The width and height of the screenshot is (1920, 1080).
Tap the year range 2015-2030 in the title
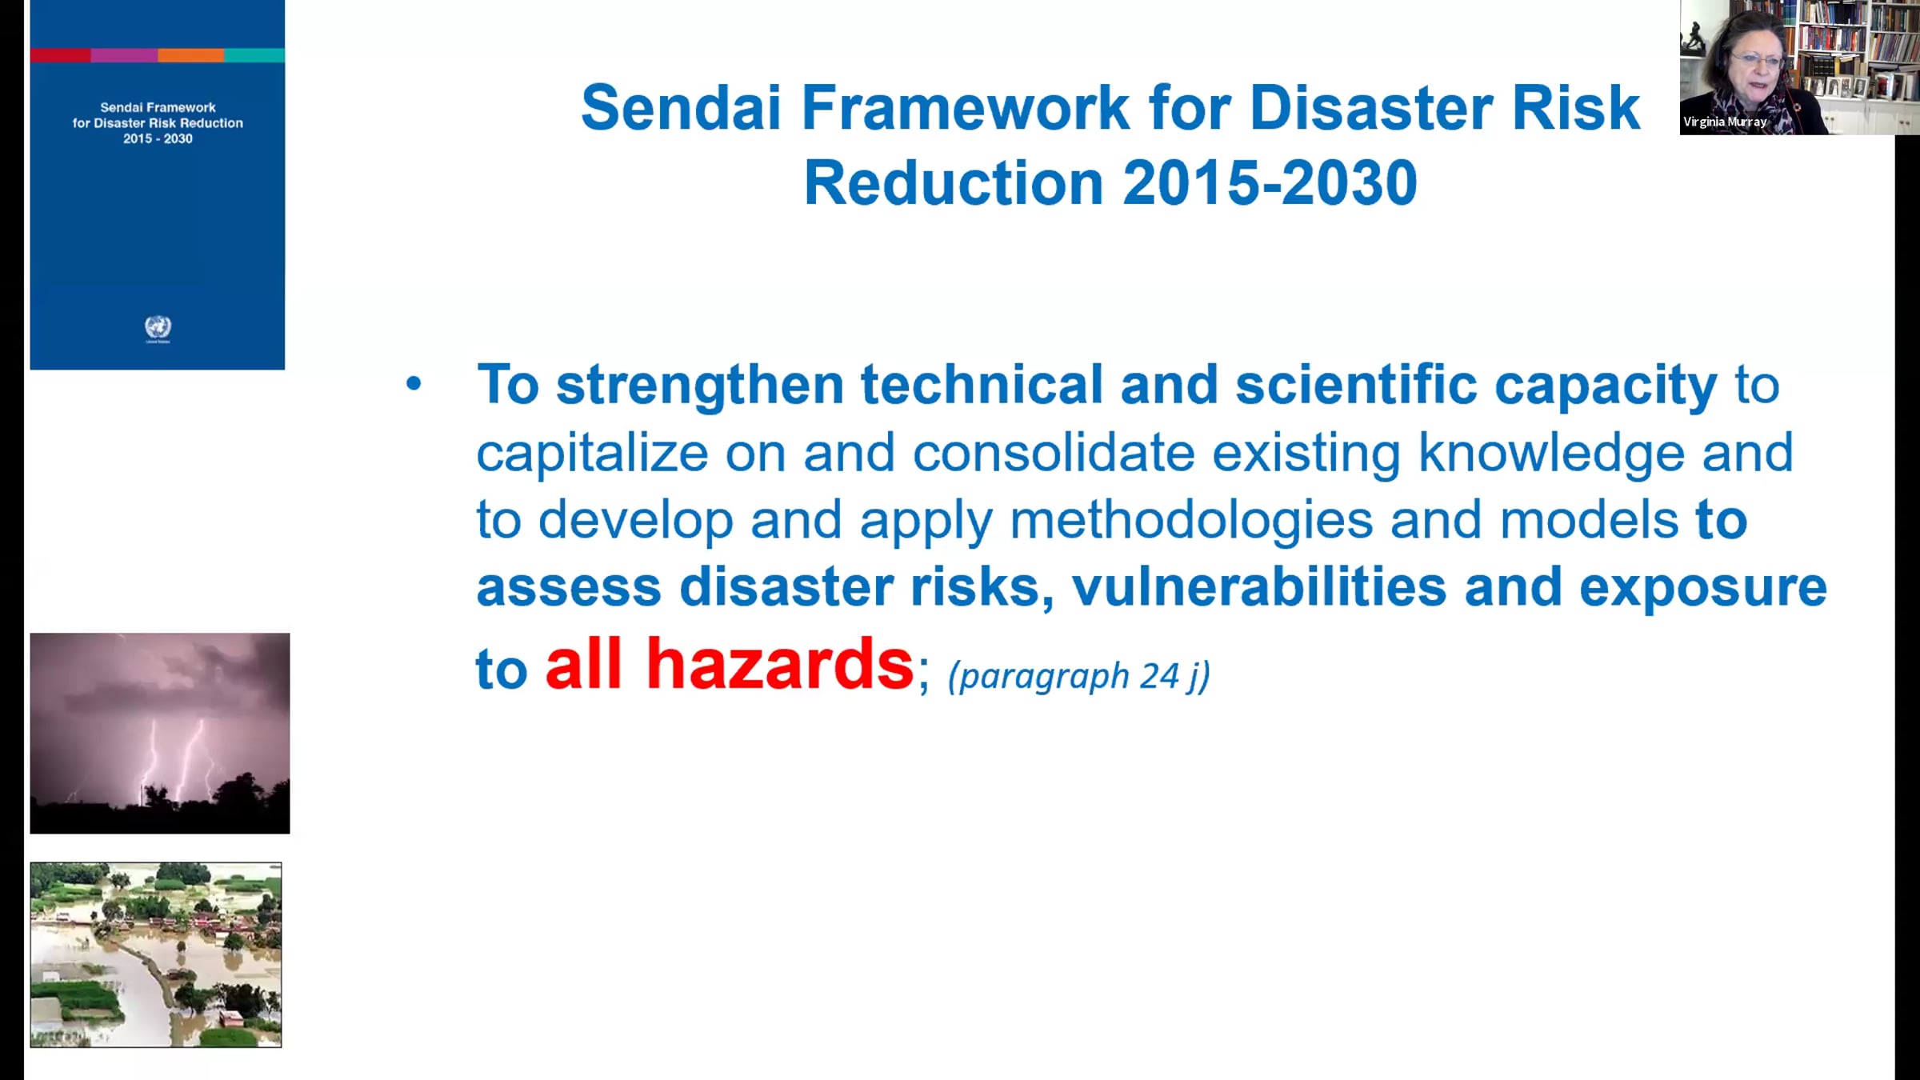pyautogui.click(x=1270, y=182)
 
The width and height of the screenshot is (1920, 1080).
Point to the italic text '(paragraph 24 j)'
pyautogui.click(x=1079, y=677)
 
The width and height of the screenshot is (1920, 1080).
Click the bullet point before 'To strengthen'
pyautogui.click(x=413, y=384)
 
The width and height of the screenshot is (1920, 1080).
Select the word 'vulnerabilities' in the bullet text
pyautogui.click(x=1259, y=586)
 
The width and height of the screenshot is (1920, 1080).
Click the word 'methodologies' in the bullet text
pyautogui.click(x=1191, y=521)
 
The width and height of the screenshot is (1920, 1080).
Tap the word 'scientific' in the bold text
pyautogui.click(x=1356, y=385)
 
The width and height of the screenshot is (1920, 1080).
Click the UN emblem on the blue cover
pyautogui.click(x=158, y=327)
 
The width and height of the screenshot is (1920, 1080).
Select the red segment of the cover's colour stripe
pyautogui.click(x=61, y=55)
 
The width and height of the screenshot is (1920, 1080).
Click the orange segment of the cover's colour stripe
pyautogui.click(x=191, y=55)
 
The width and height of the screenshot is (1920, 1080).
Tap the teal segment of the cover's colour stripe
pyautogui.click(x=254, y=55)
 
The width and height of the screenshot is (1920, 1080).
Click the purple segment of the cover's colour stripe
pyautogui.click(x=124, y=55)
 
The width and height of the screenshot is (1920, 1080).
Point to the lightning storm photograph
pyautogui.click(x=160, y=733)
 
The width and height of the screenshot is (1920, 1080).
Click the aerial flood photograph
pyautogui.click(x=156, y=954)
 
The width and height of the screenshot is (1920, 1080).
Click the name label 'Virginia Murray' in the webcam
pyautogui.click(x=1724, y=122)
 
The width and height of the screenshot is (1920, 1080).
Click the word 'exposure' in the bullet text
pyautogui.click(x=1703, y=588)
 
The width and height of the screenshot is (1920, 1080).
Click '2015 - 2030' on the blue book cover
pyautogui.click(x=158, y=138)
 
